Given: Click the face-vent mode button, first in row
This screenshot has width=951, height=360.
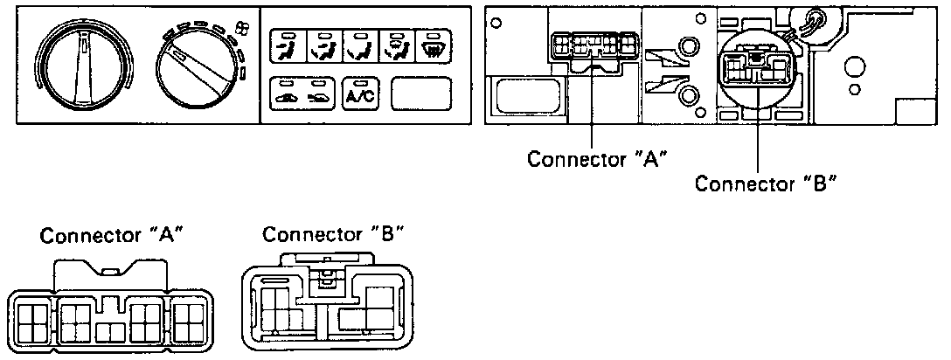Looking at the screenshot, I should pos(286,45).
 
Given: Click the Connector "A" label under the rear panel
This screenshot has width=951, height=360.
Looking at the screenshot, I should pos(598,160).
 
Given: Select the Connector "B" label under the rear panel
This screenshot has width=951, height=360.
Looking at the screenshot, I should pos(767,183).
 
